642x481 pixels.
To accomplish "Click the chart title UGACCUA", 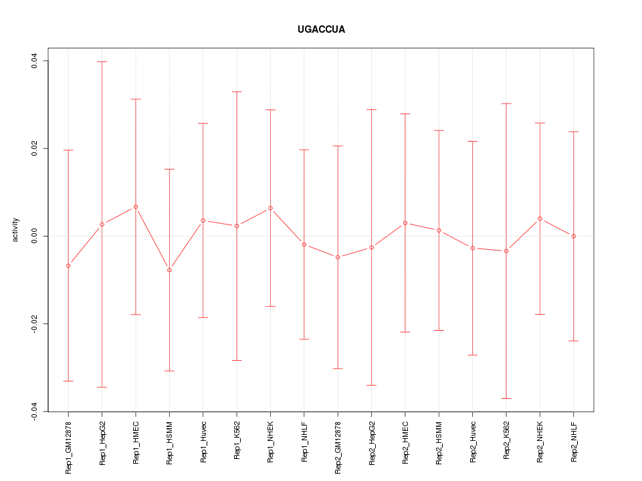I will point(321,30).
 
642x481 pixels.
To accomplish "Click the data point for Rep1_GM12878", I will point(68,266).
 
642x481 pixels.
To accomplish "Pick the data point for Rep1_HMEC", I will point(136,207).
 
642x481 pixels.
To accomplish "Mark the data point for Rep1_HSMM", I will point(169,270).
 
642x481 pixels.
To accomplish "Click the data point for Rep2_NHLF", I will point(574,236).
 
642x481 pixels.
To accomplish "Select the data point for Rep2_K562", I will point(506,251).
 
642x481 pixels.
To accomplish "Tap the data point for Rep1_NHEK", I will point(270,208).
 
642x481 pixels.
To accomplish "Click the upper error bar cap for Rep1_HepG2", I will point(102,61).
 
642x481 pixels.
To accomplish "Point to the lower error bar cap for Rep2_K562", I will point(506,398).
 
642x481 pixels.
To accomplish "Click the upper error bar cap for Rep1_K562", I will point(237,92).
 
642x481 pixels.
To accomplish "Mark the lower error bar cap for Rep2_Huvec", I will point(473,355).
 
